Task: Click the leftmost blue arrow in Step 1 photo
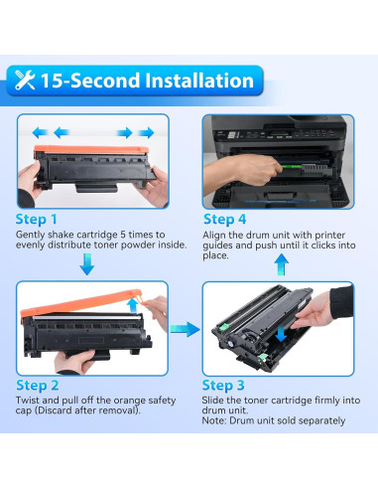39,131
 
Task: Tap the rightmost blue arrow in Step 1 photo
147,131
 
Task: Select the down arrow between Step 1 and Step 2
87,263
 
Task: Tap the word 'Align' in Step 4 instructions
215,233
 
